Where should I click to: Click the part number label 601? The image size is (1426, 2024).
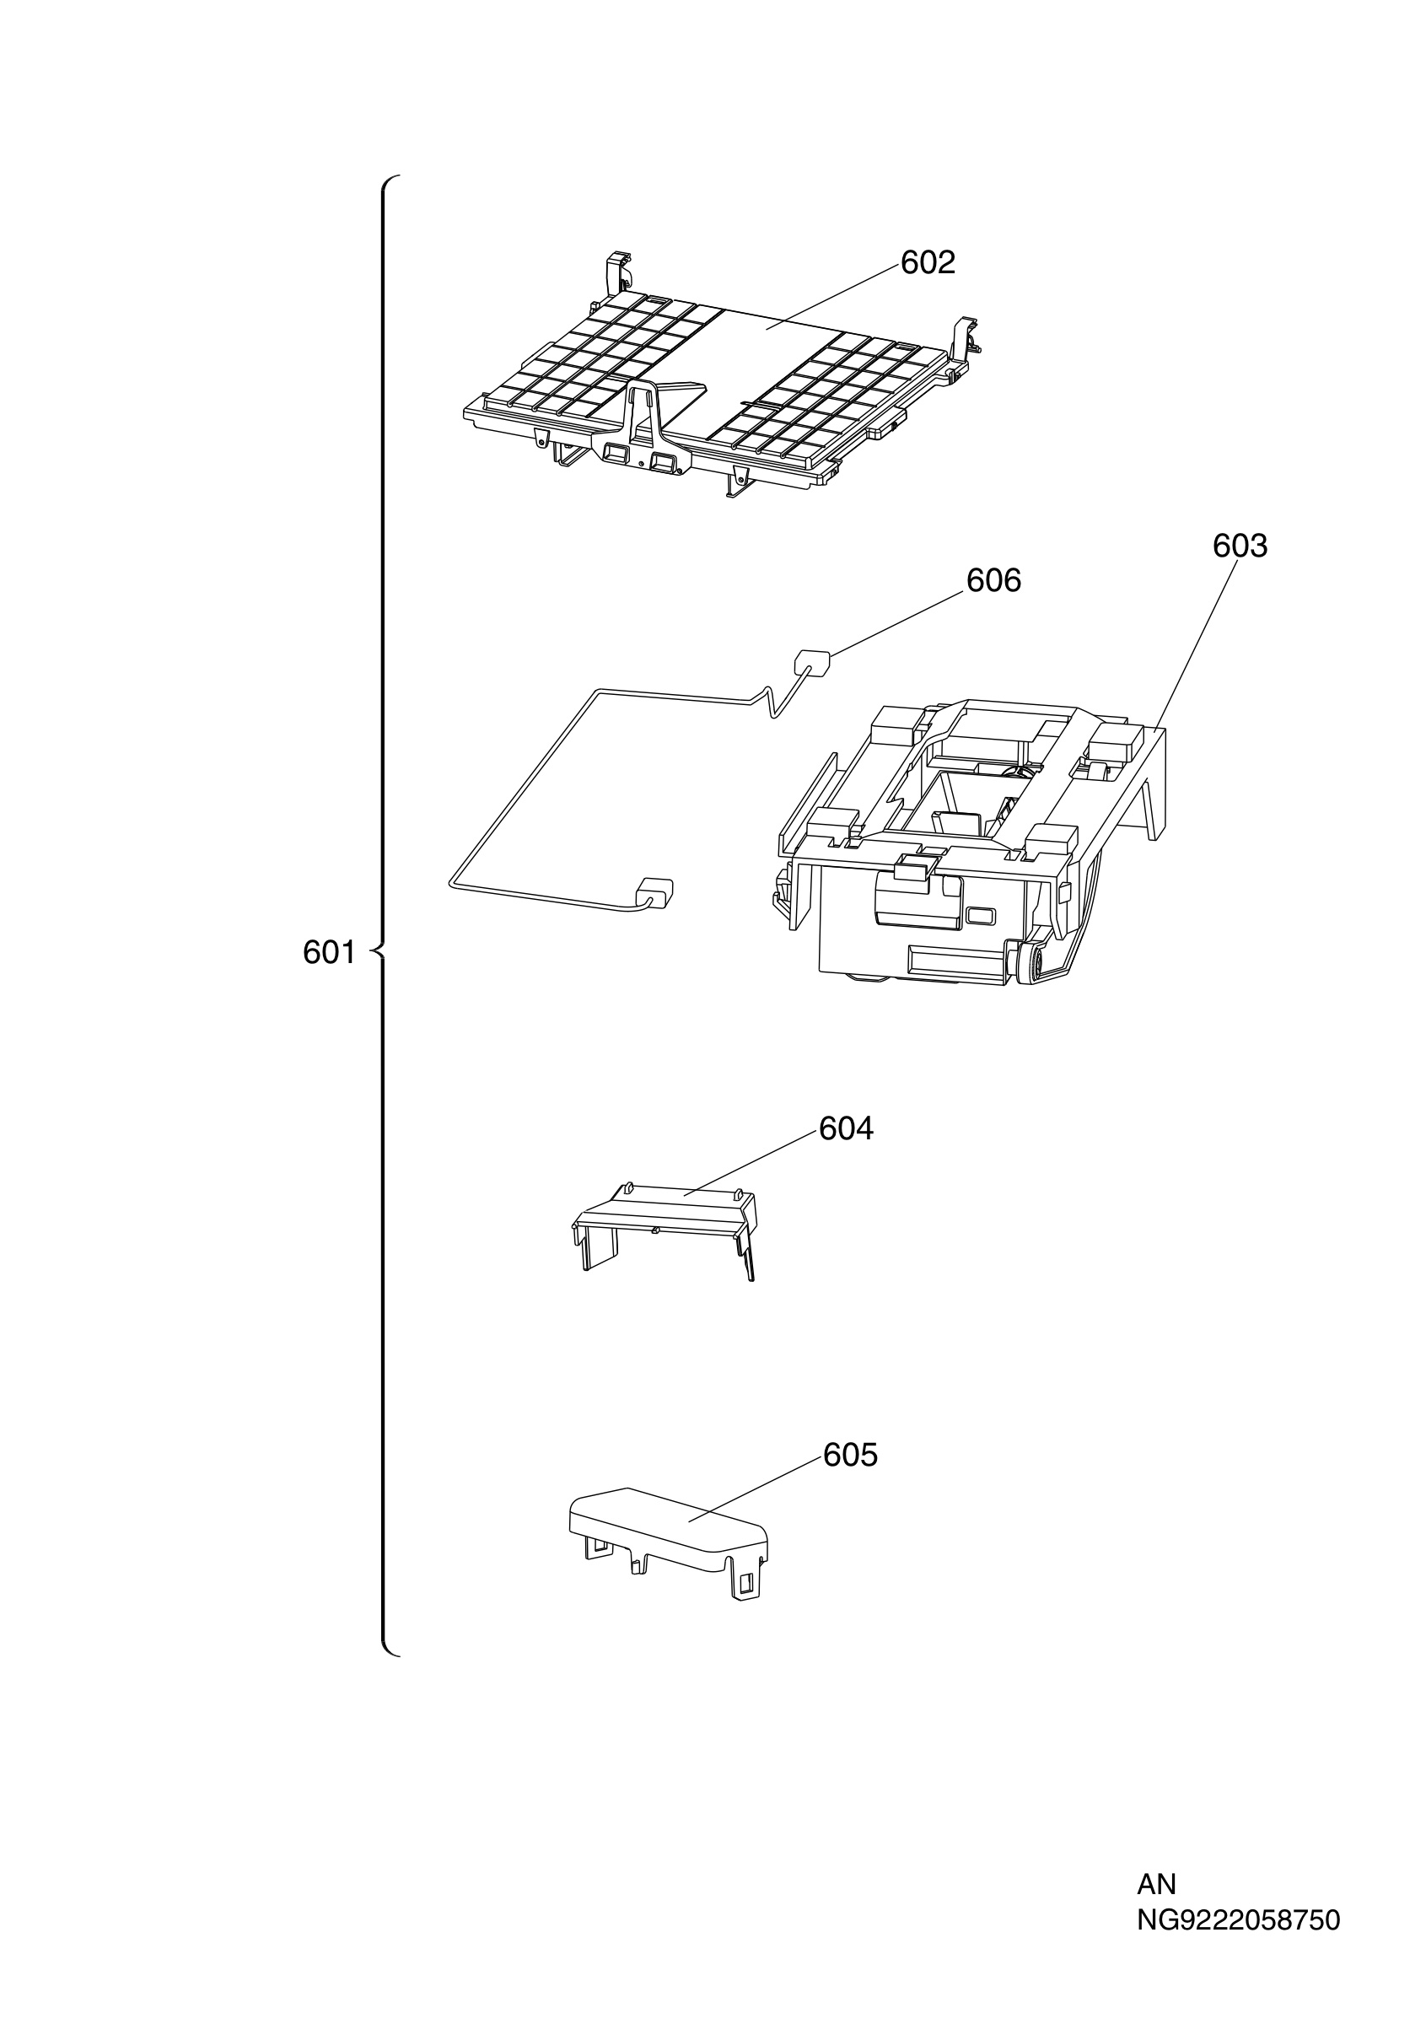[329, 952]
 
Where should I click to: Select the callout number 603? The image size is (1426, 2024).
[1239, 546]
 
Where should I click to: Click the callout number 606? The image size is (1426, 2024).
[993, 580]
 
